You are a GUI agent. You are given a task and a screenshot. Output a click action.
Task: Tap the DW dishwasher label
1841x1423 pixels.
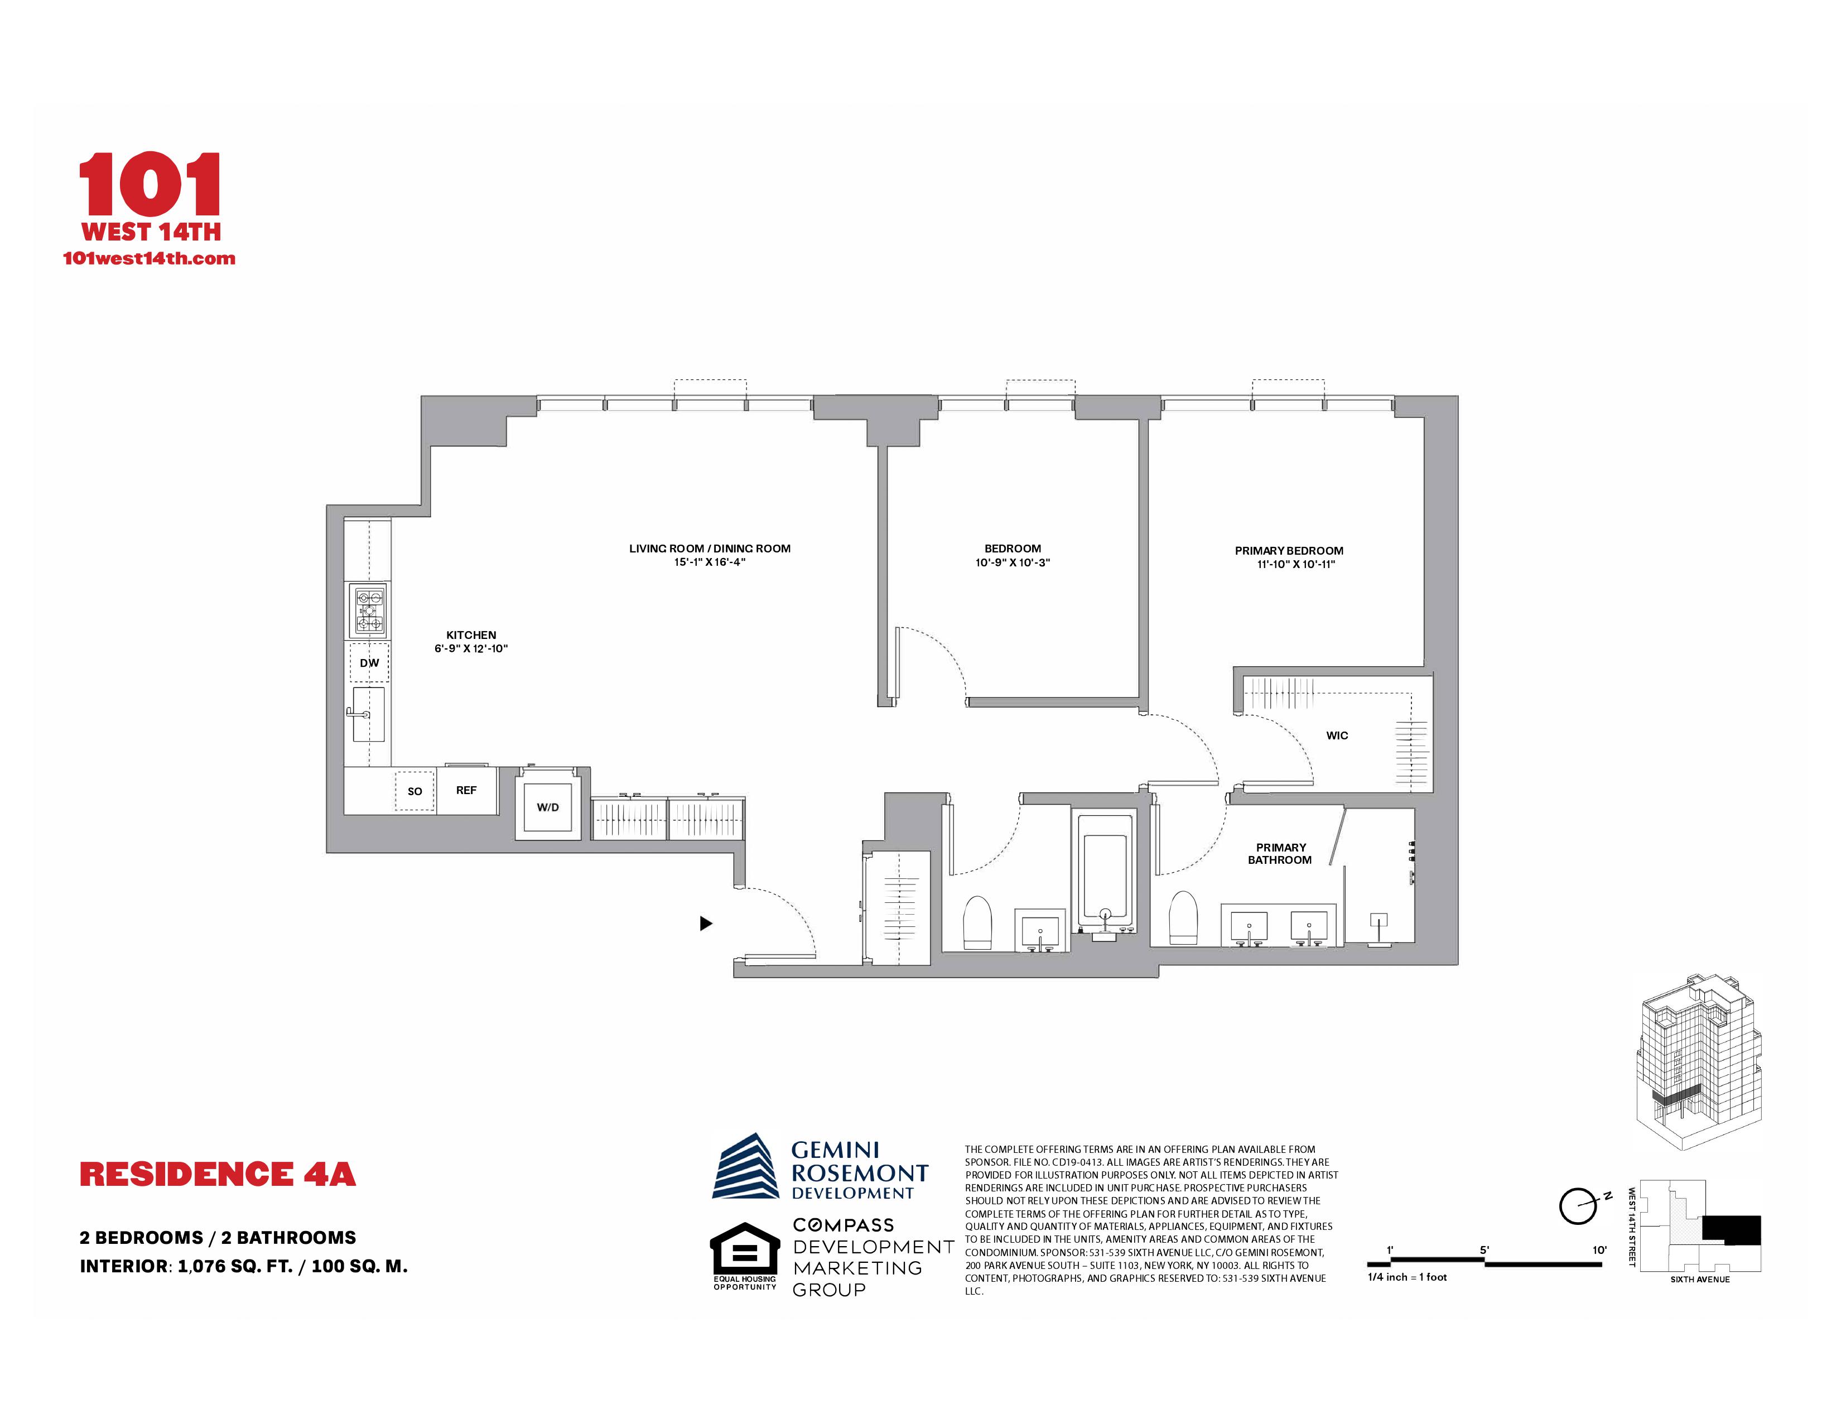pyautogui.click(x=369, y=662)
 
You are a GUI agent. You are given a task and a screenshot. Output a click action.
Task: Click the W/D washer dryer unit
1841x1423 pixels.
pyautogui.click(x=548, y=807)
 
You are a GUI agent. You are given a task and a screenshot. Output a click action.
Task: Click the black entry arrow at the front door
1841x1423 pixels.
pyautogui.click(x=706, y=923)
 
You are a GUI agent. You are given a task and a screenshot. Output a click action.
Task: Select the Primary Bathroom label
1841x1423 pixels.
pyautogui.click(x=1280, y=853)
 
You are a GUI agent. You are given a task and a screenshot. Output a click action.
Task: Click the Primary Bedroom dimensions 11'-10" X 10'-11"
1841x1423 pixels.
pyautogui.click(x=1295, y=565)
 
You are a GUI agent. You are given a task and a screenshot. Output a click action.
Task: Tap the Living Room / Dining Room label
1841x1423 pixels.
pyautogui.click(x=710, y=549)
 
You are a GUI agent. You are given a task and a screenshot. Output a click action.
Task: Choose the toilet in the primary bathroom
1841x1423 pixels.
pyautogui.click(x=1183, y=919)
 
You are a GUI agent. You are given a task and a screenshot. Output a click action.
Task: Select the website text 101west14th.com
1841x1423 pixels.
pyautogui.click(x=149, y=259)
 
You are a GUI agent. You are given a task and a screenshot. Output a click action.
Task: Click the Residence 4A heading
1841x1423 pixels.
pyautogui.click(x=218, y=1174)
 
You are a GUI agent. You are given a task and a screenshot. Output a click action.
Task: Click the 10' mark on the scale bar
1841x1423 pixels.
pyautogui.click(x=1599, y=1250)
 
